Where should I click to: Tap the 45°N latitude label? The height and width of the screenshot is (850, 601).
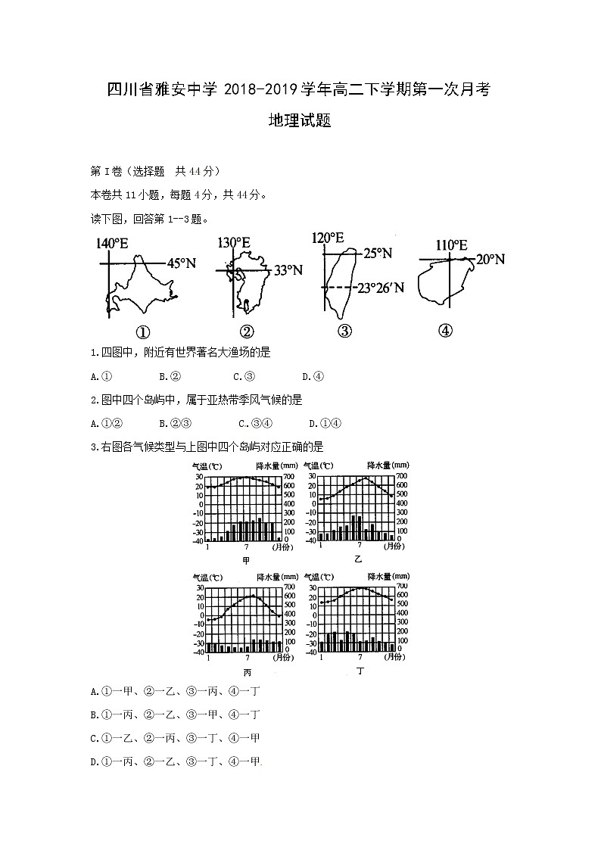(182, 263)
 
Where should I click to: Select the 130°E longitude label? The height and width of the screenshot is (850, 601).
(234, 243)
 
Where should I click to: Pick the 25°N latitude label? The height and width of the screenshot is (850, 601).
(377, 254)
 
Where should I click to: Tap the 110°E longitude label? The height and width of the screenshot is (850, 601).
(451, 245)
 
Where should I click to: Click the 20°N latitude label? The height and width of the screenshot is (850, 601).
(490, 260)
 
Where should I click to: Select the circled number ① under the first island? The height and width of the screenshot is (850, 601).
(142, 332)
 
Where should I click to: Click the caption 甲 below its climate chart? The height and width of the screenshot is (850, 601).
(245, 560)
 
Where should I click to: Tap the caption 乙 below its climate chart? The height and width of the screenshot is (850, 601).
(357, 559)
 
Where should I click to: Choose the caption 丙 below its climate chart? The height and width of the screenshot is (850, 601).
(247, 671)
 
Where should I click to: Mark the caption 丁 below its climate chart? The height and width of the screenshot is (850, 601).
(360, 671)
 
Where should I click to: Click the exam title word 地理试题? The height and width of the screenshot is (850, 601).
(300, 121)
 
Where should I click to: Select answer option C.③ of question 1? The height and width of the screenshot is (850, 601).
(244, 376)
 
